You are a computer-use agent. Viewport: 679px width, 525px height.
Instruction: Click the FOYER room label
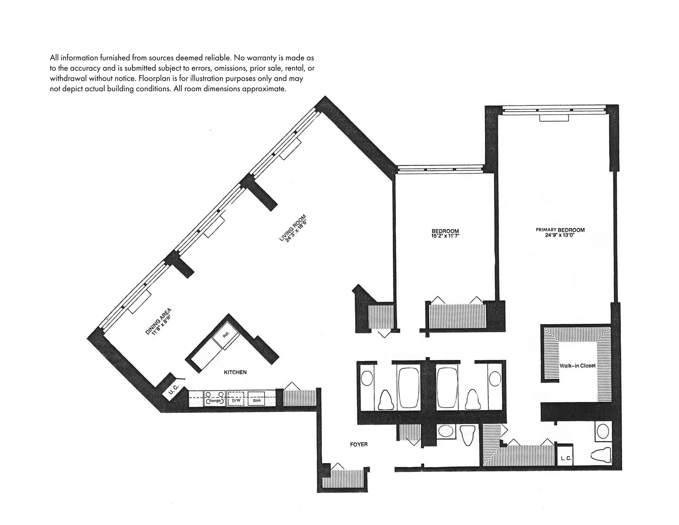[359, 444]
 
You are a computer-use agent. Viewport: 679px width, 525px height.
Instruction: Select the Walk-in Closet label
[577, 366]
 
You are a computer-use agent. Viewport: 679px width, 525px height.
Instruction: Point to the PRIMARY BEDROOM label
[560, 230]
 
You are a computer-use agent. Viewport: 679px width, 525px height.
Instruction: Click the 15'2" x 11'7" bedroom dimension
[445, 236]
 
